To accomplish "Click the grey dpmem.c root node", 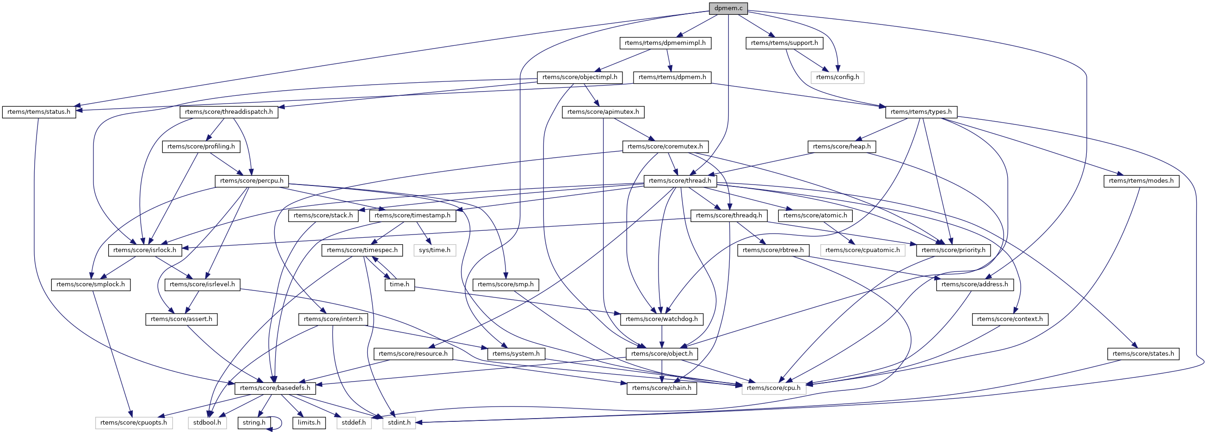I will tap(728, 8).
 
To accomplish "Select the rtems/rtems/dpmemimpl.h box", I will tap(665, 43).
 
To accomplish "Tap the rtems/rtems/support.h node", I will tap(784, 43).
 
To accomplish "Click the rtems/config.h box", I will tap(838, 77).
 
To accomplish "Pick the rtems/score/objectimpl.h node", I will tap(579, 77).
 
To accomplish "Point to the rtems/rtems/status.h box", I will tap(39, 112).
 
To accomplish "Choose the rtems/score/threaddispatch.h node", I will tap(228, 112).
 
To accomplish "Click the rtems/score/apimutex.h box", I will tap(603, 112).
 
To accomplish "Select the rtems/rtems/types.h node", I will tap(921, 112).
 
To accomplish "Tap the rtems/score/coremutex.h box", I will tap(665, 147).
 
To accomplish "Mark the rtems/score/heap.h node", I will tap(842, 147).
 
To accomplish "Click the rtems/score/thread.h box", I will tap(680, 181).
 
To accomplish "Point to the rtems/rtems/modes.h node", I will tap(1141, 181).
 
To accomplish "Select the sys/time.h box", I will tap(434, 250).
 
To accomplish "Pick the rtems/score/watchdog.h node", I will tap(661, 319).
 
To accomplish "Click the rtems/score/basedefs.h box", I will tap(275, 388).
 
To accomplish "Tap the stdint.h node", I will tap(399, 423).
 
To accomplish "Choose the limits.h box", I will tap(309, 423).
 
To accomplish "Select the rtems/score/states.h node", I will tap(1143, 354).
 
